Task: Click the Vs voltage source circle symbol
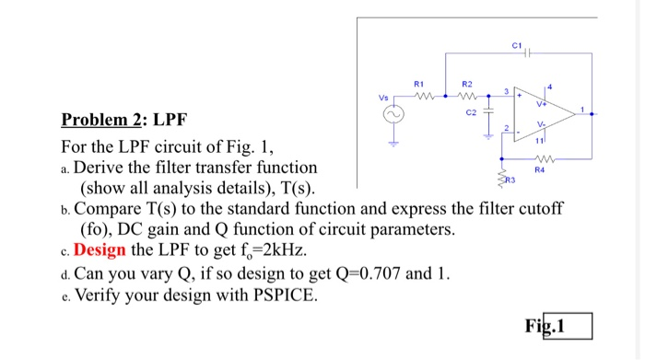(x=399, y=113)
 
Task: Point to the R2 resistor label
(x=465, y=81)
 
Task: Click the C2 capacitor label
(x=473, y=112)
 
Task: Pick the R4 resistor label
(x=553, y=169)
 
